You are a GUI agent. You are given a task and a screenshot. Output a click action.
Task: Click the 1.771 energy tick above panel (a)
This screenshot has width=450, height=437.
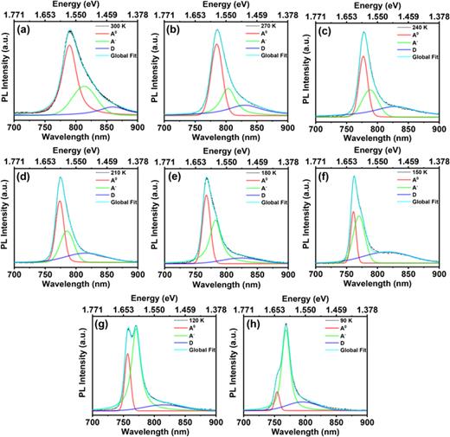15,15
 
